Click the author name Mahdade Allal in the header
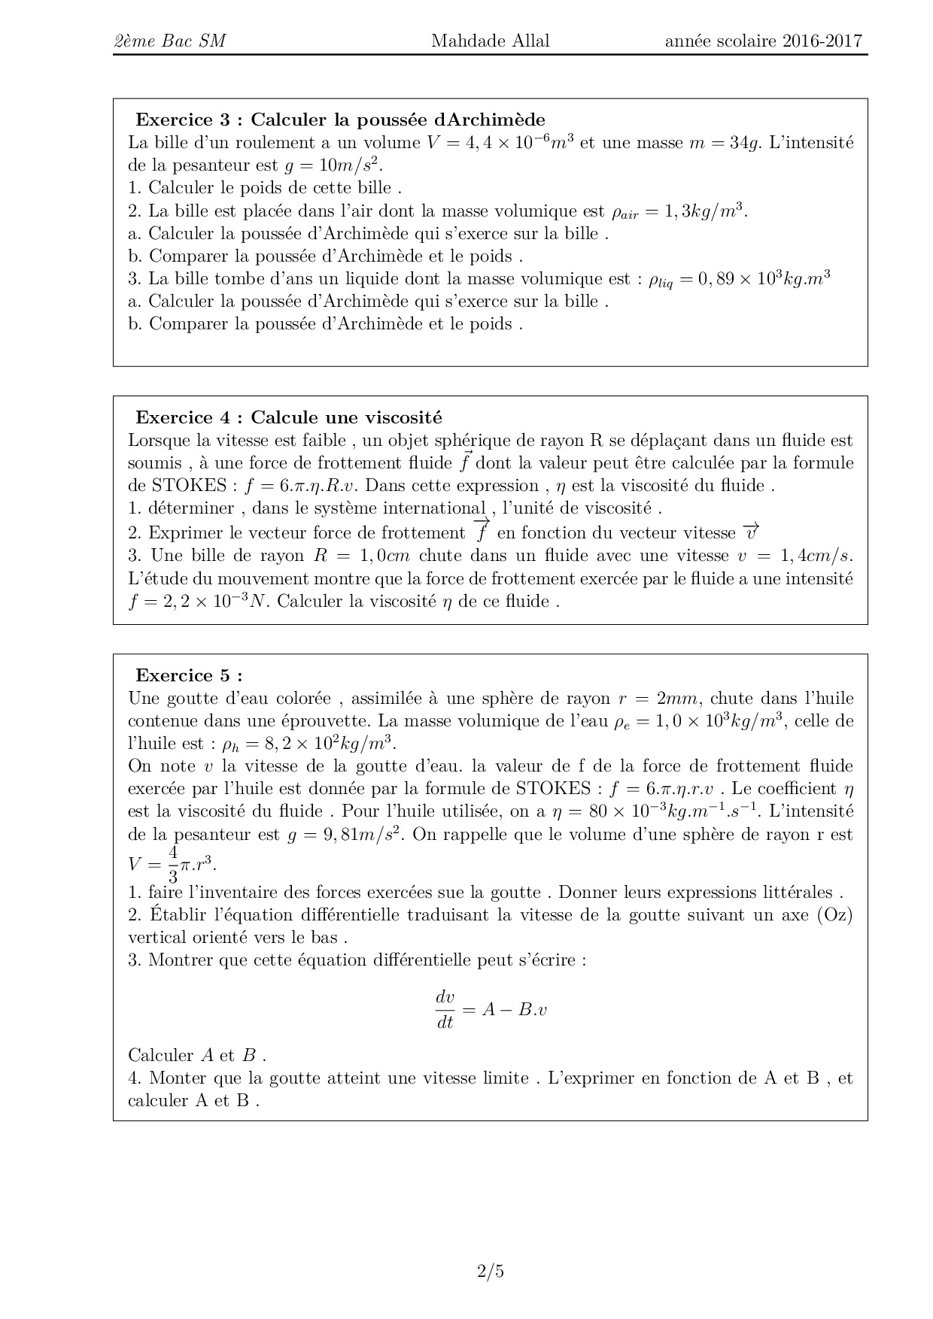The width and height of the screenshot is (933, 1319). (490, 41)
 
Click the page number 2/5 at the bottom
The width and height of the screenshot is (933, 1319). (490, 1272)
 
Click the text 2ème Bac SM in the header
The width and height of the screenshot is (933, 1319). (169, 41)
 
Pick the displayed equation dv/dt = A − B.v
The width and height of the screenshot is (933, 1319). (491, 1010)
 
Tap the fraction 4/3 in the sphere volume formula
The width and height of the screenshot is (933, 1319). (173, 865)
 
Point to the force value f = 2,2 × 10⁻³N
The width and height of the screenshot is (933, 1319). (199, 602)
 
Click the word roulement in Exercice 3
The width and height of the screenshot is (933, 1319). (275, 143)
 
